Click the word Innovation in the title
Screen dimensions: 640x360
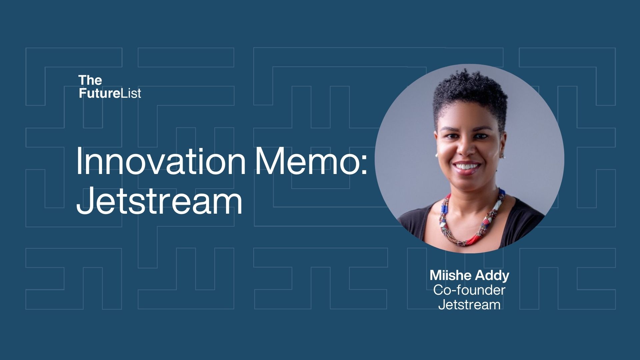[x=161, y=161]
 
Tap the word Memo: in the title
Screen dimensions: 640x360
[x=311, y=161]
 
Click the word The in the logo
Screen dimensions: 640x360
[x=90, y=80]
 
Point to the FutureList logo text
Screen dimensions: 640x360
[x=110, y=93]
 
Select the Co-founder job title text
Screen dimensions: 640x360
[x=469, y=290]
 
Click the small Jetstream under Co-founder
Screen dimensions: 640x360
[x=469, y=304]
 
